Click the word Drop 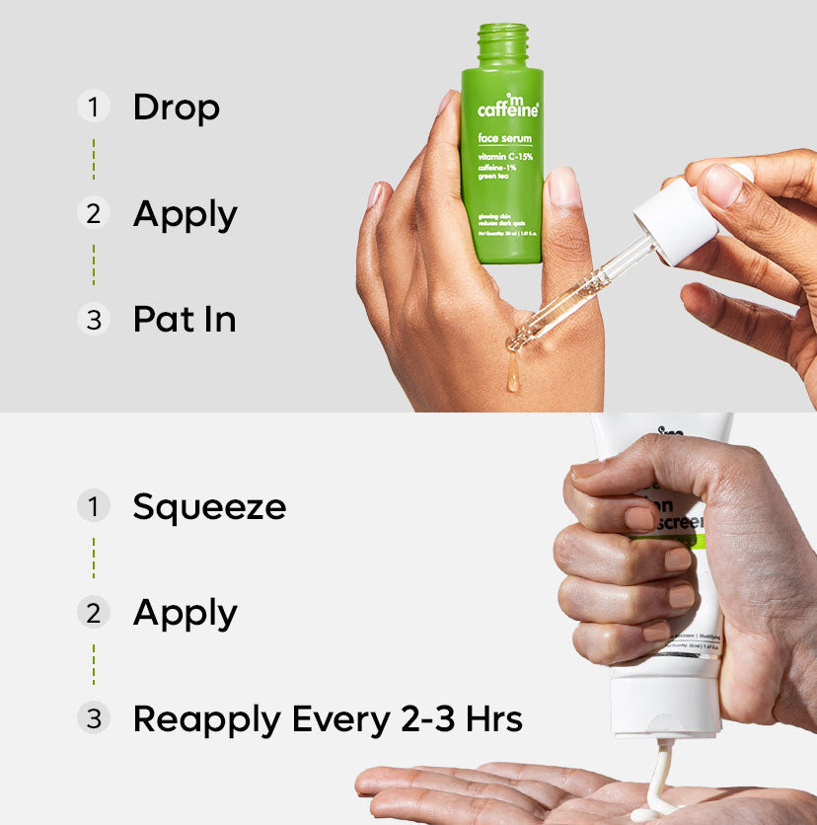(176, 108)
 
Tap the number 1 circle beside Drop (93, 107)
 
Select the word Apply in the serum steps (186, 214)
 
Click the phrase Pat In (185, 320)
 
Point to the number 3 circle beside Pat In (93, 320)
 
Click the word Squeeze (209, 507)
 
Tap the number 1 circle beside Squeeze (93, 507)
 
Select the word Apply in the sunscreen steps (186, 614)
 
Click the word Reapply (204, 720)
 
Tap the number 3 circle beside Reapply (93, 719)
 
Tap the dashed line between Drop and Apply (93, 160)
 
